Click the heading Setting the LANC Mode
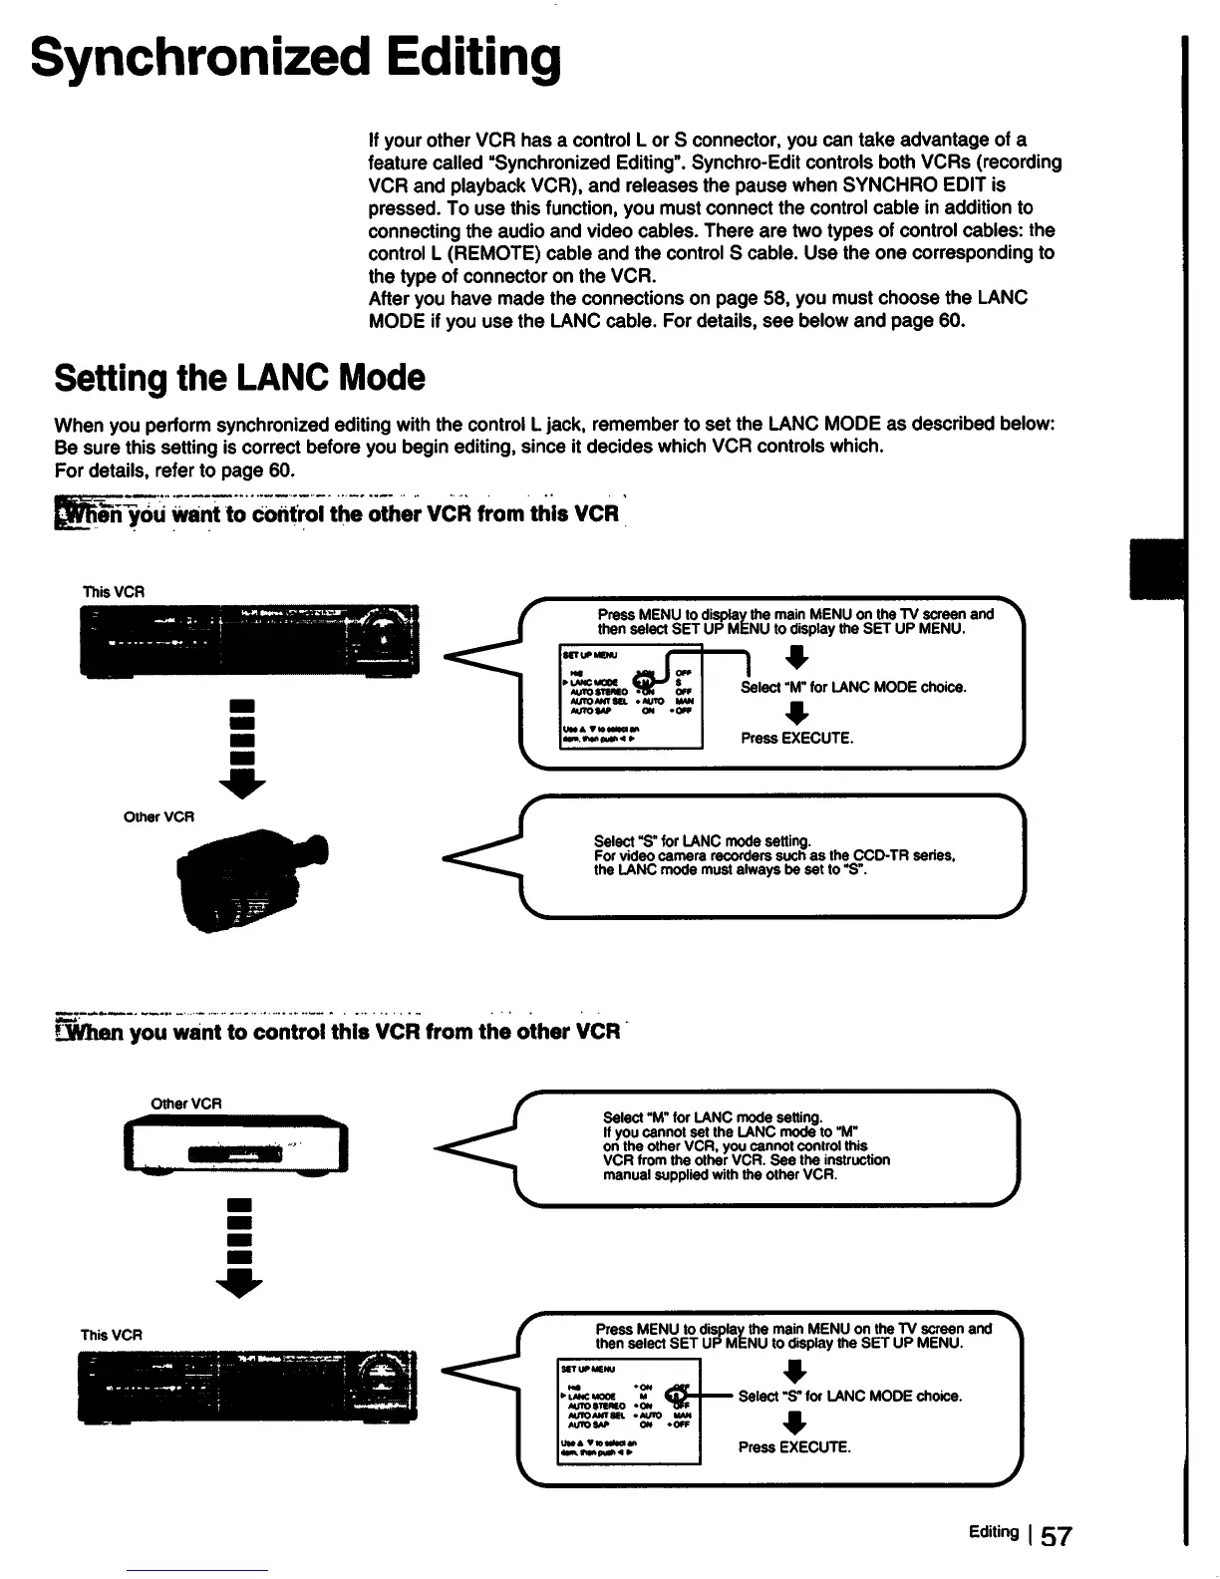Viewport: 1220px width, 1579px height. [239, 378]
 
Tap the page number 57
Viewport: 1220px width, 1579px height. [1055, 1536]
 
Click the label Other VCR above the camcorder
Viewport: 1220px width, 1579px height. [157, 816]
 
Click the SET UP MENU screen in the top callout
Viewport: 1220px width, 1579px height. [631, 695]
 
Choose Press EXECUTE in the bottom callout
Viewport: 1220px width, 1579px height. [794, 1447]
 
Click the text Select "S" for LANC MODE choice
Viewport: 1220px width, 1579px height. [849, 1397]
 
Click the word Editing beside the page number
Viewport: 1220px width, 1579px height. [992, 1532]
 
